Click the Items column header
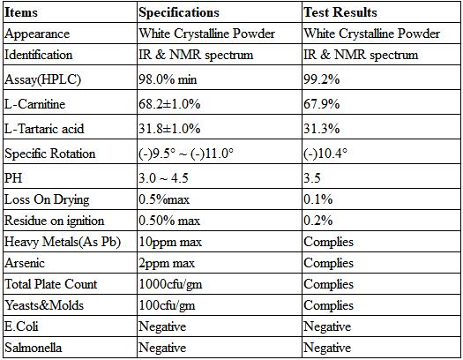tap(21, 12)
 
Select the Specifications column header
tap(179, 12)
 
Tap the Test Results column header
tap(340, 12)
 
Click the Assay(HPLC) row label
tap(42, 79)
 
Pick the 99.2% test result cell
tap(322, 79)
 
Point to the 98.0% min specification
tap(168, 79)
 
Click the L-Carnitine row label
tap(35, 104)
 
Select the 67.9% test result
tap(322, 104)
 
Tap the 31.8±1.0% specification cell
tap(169, 129)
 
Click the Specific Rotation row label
tap(50, 154)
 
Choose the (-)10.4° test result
tap(325, 154)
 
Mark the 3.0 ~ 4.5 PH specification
tap(163, 178)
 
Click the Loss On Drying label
tap(47, 199)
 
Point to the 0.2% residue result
tap(318, 221)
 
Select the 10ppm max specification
tap(170, 242)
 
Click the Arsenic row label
tap(25, 263)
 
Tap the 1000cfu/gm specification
tap(170, 284)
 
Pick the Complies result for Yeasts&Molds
tap(328, 305)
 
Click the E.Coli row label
tap(21, 326)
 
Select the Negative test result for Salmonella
tap(327, 348)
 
